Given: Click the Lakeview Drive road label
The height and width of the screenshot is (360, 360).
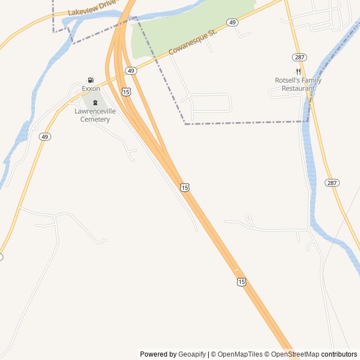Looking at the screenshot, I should pos(92,7).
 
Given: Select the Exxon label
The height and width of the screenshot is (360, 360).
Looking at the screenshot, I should pos(91,89).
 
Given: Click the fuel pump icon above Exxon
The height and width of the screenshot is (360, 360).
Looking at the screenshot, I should pos(91,80).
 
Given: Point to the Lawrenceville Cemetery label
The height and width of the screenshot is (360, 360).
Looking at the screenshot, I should pos(95,115).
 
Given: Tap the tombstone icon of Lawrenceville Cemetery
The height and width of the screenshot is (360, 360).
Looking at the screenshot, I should pos(95,102).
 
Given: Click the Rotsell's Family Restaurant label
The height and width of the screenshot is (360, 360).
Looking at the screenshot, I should pos(298,84).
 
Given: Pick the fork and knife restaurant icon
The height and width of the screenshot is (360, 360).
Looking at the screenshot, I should pos(298,71).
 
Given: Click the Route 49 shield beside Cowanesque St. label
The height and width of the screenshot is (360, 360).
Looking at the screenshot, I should pos(232,22).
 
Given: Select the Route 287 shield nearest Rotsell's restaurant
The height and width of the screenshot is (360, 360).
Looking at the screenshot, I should pos(299,57).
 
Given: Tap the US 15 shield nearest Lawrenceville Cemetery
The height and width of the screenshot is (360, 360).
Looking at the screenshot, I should pos(127,91).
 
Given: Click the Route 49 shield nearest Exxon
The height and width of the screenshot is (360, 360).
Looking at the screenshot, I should pos(130,70).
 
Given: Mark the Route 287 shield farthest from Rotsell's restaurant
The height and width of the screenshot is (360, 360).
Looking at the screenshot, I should pos(332,183).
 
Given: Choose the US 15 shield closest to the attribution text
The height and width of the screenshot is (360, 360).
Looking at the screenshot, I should pos(241,281).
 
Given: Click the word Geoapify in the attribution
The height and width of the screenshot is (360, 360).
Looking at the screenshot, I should pos(192,354).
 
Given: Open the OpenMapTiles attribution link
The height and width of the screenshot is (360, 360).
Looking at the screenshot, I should pos(240,354).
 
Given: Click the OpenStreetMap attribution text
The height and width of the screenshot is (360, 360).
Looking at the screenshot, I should pos(295,354).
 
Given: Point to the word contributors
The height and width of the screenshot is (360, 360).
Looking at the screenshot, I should pos(339,354).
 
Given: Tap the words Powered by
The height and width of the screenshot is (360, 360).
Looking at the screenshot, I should pos(158,354).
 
